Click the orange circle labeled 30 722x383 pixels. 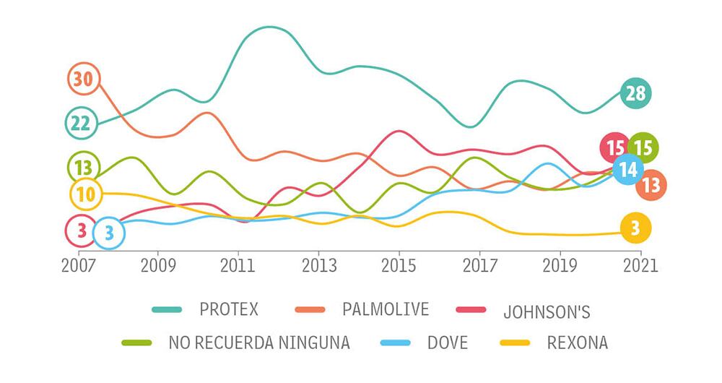84,79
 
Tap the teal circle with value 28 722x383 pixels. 635,93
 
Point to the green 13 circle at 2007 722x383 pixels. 83,168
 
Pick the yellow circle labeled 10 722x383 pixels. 85,194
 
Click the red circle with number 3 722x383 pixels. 81,231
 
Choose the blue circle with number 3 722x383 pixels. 109,233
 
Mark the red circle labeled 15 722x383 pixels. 615,148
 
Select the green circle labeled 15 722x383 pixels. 643,148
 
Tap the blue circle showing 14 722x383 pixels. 628,169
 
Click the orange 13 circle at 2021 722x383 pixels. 651,185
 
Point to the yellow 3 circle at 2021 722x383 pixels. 636,228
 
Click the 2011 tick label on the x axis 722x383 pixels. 239,265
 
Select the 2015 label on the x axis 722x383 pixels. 399,265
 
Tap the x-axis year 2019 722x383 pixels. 558,265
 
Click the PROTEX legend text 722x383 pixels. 228,310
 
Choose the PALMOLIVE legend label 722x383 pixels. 386,310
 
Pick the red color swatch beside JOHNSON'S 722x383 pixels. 474,310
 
